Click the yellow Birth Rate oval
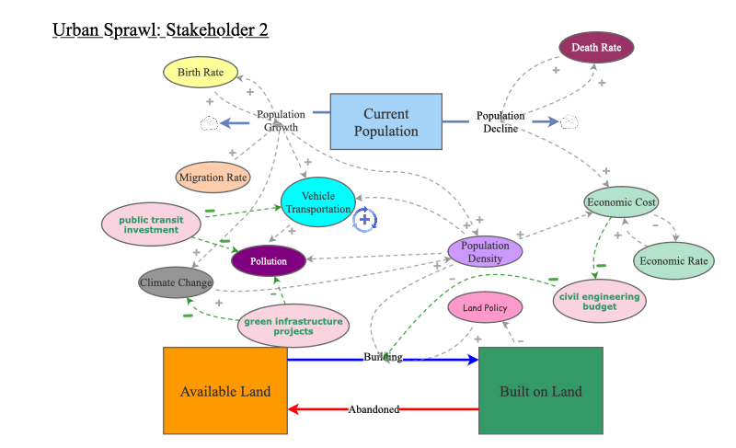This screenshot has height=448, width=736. [201, 72]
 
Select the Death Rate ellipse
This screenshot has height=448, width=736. [596, 47]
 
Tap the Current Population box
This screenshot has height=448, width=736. [385, 122]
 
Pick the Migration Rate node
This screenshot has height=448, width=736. [213, 178]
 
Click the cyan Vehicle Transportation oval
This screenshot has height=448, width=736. [318, 202]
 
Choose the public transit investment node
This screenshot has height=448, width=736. [151, 224]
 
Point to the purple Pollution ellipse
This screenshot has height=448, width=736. [269, 261]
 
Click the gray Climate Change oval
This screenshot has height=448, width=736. [177, 281]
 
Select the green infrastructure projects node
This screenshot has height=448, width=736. [293, 326]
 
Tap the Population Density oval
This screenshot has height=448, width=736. [485, 252]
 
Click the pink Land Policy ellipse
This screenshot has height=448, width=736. [485, 308]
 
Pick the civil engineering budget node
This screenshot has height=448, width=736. [599, 302]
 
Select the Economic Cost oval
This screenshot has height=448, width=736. [621, 202]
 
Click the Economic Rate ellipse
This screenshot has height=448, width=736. [674, 260]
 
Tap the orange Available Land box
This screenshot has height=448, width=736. [225, 391]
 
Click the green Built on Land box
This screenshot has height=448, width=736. [541, 391]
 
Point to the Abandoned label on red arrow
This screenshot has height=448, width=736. [374, 409]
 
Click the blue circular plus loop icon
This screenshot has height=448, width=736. [365, 219]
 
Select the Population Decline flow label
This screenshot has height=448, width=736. [500, 122]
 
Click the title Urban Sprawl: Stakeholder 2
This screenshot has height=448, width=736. [160, 30]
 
